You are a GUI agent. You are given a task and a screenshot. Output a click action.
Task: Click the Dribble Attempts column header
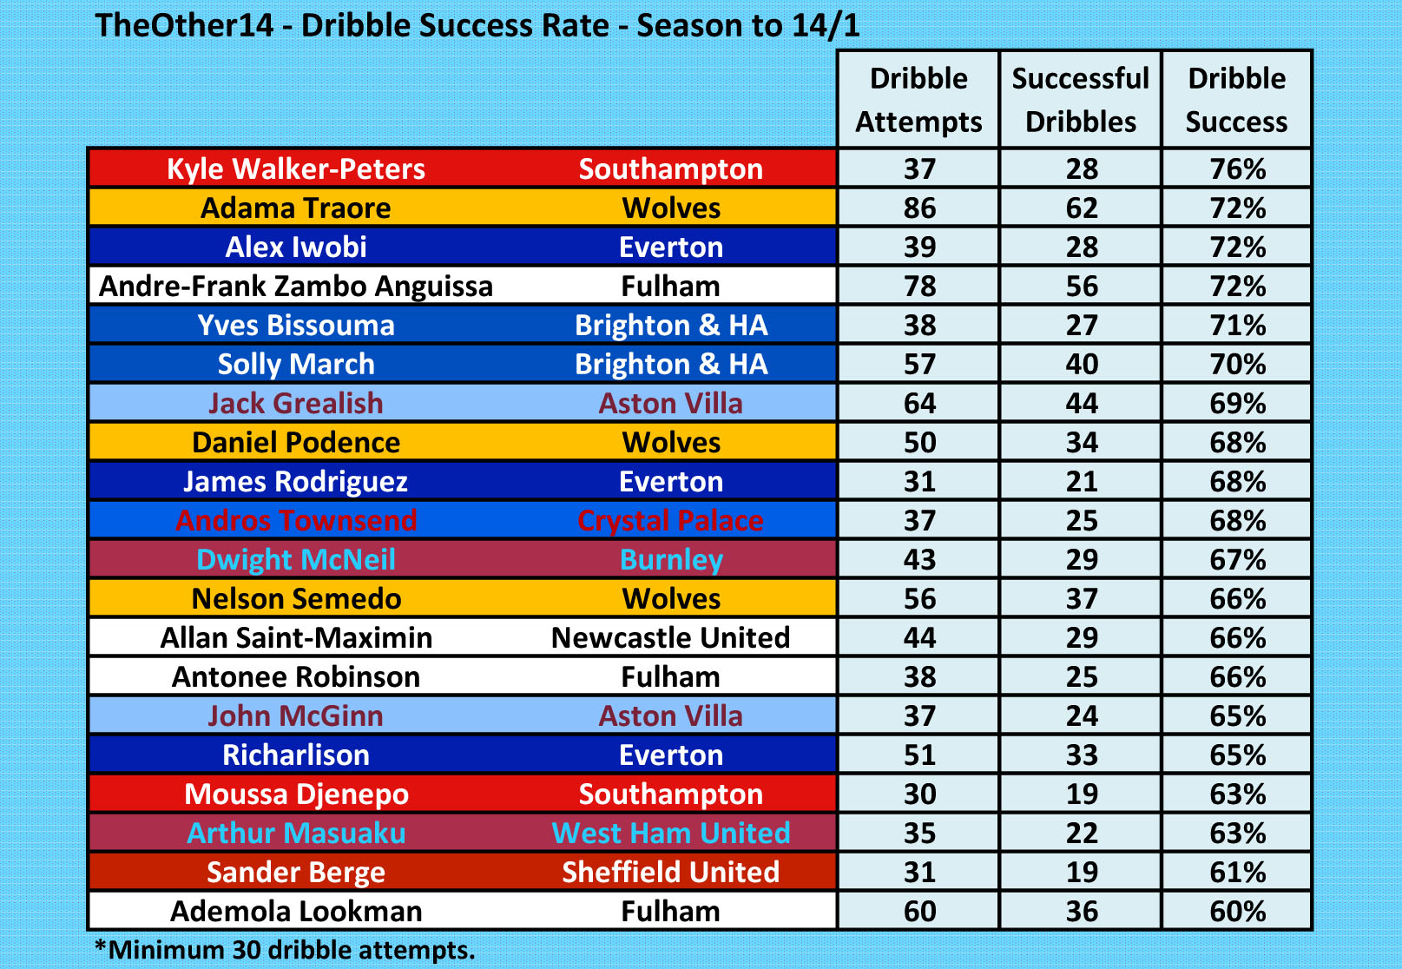pyautogui.click(x=918, y=100)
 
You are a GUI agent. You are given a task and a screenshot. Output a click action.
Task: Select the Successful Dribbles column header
pyautogui.click(x=1081, y=100)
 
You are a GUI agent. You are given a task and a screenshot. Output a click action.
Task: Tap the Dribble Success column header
pyautogui.click(x=1236, y=100)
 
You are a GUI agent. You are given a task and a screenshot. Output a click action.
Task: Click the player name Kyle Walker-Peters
pyautogui.click(x=296, y=168)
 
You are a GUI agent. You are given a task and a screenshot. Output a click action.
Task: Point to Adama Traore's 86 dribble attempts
pyautogui.click(x=919, y=208)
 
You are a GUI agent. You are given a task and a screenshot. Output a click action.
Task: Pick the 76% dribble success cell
pyautogui.click(x=1237, y=168)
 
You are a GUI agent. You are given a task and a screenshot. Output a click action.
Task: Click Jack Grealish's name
pyautogui.click(x=296, y=404)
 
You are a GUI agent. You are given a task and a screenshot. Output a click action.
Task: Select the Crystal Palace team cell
pyautogui.click(x=670, y=521)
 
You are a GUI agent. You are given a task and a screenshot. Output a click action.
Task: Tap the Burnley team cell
pyautogui.click(x=670, y=560)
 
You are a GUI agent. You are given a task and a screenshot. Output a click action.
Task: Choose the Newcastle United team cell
pyautogui.click(x=670, y=638)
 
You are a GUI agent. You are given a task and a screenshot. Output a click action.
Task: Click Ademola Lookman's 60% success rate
pyautogui.click(x=1237, y=912)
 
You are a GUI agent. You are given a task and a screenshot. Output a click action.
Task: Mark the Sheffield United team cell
pyautogui.click(x=670, y=873)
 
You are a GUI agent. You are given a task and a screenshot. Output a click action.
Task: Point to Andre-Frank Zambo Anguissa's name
pyautogui.click(x=296, y=287)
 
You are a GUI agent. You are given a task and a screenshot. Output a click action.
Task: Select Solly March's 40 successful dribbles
pyautogui.click(x=1082, y=365)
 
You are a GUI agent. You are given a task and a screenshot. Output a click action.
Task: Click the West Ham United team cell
pyautogui.click(x=670, y=834)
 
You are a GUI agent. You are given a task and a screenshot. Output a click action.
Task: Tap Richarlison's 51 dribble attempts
pyautogui.click(x=919, y=755)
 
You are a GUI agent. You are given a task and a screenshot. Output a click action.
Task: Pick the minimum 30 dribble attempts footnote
pyautogui.click(x=285, y=950)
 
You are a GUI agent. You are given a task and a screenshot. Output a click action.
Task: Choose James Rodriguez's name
pyautogui.click(x=296, y=482)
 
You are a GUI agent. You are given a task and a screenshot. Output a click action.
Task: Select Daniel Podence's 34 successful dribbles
pyautogui.click(x=1082, y=443)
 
